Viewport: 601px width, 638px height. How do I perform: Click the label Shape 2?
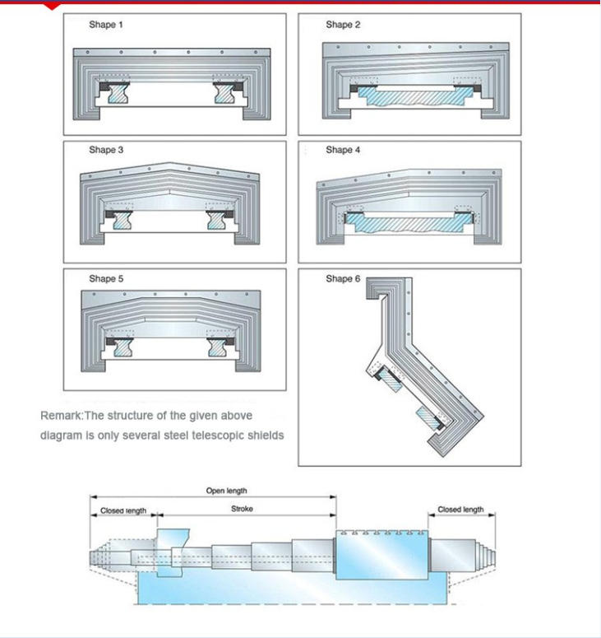[343, 25]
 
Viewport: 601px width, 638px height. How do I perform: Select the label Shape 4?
[343, 150]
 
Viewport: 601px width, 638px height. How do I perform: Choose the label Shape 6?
[343, 279]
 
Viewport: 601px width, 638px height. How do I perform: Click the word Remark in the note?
[61, 416]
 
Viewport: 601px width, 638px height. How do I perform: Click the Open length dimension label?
[225, 491]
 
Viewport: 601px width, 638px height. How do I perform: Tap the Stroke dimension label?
[242, 509]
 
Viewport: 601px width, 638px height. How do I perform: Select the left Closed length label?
[123, 510]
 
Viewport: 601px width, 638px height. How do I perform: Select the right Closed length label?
[460, 510]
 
